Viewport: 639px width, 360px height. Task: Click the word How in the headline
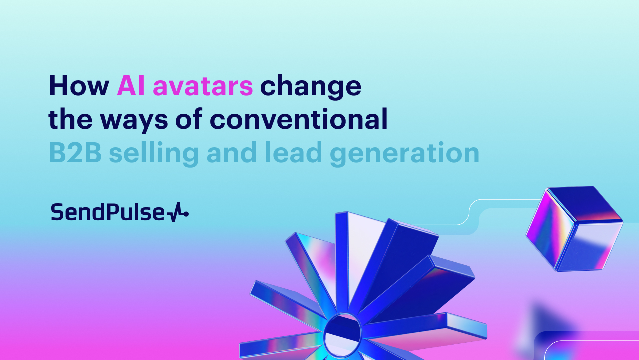pos(79,86)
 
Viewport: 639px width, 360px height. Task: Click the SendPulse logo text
pos(107,213)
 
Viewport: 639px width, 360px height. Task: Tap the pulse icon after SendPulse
pos(178,214)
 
